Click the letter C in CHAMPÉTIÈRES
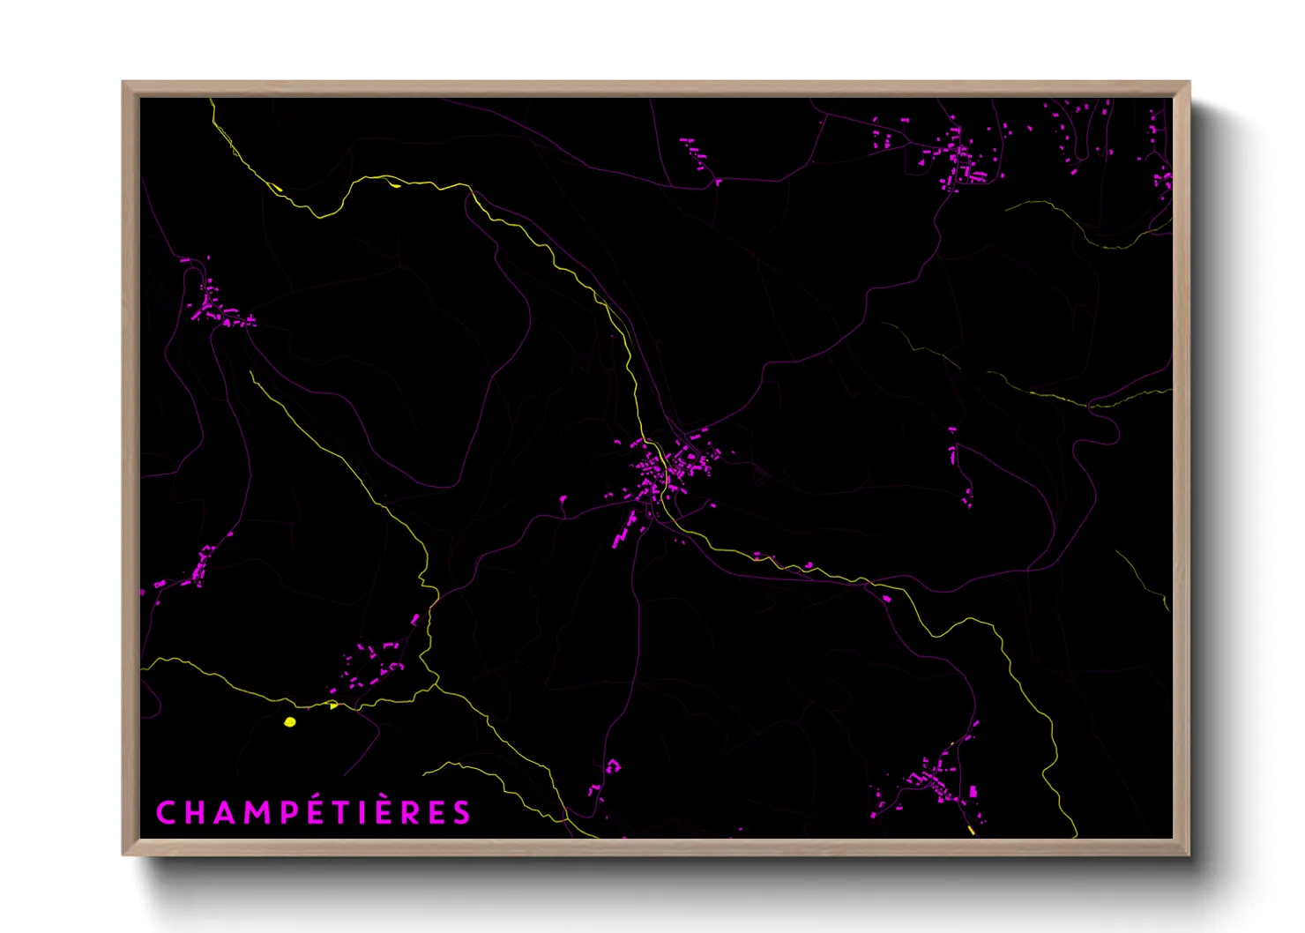pyautogui.click(x=166, y=812)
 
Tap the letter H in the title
pyautogui.click(x=194, y=812)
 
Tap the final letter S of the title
pyautogui.click(x=462, y=812)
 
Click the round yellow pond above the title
pyautogui.click(x=290, y=722)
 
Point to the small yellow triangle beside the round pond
pyautogui.click(x=332, y=705)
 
